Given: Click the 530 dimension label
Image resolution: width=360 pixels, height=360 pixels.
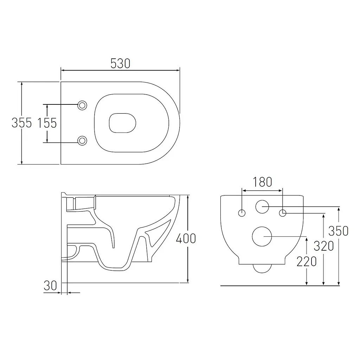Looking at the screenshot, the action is [x=120, y=64].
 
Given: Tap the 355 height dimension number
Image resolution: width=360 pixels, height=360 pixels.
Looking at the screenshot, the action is [x=21, y=123].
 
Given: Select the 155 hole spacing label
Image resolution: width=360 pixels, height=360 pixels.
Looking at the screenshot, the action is [x=47, y=123].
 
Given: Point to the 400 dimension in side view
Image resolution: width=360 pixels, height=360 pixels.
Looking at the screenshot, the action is [x=186, y=238].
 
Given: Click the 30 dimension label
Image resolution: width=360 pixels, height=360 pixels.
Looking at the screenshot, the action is [x=50, y=286].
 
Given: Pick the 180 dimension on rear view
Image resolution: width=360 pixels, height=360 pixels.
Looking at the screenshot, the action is [x=262, y=182].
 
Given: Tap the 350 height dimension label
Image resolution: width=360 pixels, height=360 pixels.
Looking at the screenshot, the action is [x=339, y=231].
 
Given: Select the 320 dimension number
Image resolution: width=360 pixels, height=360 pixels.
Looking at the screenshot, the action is [x=324, y=246].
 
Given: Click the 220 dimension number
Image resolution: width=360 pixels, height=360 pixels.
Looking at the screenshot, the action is [x=307, y=262].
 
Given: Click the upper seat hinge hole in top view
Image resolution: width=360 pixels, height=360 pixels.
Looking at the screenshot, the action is [x=82, y=105].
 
